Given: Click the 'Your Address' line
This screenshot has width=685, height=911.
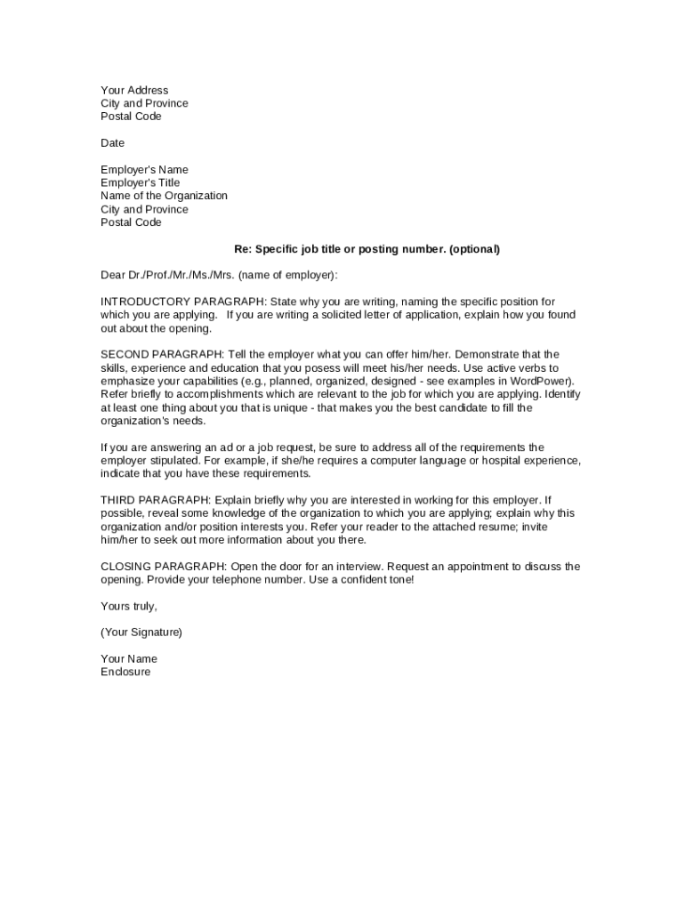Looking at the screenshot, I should tap(134, 90).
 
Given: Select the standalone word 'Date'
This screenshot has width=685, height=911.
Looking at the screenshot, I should tap(113, 143).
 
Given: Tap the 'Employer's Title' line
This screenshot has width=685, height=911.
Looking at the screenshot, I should tap(141, 182).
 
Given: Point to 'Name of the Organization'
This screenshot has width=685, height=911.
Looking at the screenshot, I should tap(164, 196).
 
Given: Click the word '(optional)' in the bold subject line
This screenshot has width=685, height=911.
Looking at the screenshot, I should tap(474, 249).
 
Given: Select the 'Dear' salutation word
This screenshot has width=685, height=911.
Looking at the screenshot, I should tap(114, 275).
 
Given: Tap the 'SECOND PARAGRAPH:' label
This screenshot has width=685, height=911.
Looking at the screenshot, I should tap(162, 354).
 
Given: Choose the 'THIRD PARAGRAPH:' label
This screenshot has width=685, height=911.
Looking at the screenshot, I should tap(156, 500).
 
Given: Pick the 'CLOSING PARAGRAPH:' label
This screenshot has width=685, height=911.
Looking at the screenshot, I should tap(165, 566).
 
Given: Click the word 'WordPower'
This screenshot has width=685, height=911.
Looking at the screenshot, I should tap(539, 381).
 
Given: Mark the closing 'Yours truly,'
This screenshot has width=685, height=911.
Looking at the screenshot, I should tap(129, 606).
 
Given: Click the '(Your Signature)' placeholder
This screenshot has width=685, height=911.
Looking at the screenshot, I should tap(141, 632).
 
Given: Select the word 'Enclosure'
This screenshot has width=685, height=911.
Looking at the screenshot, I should tap(125, 672).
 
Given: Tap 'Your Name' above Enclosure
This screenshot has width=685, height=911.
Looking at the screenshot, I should tap(129, 658).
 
